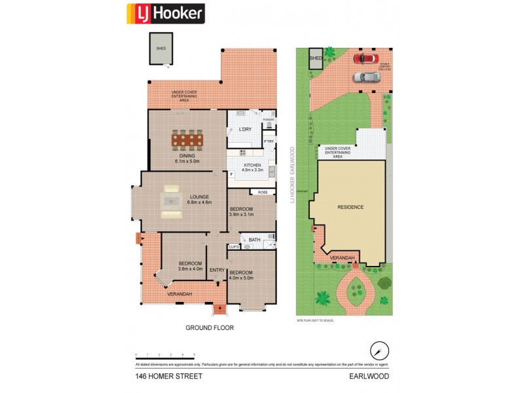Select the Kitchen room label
252,165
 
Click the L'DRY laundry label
245,130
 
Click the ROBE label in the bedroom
263,193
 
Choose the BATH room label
254,240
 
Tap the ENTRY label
217,270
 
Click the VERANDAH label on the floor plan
179,294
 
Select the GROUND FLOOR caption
210,327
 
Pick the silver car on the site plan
366,77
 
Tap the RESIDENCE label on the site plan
350,207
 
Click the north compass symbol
376,348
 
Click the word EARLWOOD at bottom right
369,377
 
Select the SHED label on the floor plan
160,49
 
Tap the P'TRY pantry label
269,141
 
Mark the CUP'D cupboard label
233,246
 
